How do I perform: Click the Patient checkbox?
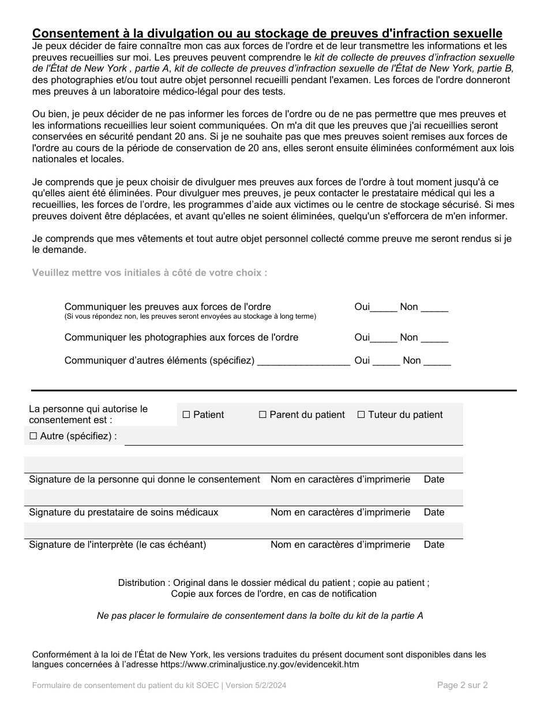click(x=186, y=414)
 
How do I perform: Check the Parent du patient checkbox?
click(x=262, y=414)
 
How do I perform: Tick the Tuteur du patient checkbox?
click(x=361, y=414)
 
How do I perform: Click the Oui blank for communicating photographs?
click(x=384, y=338)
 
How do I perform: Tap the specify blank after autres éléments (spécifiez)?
click(x=303, y=361)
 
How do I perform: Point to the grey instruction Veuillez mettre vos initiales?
click(x=149, y=272)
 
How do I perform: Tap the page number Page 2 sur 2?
click(x=462, y=685)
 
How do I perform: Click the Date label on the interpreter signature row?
click(x=434, y=544)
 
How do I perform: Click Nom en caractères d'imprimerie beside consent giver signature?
click(x=340, y=479)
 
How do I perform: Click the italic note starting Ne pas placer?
click(x=260, y=616)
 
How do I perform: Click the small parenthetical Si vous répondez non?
click(x=190, y=316)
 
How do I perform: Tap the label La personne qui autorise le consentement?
click(x=88, y=414)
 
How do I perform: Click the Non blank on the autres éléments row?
click(x=437, y=361)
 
